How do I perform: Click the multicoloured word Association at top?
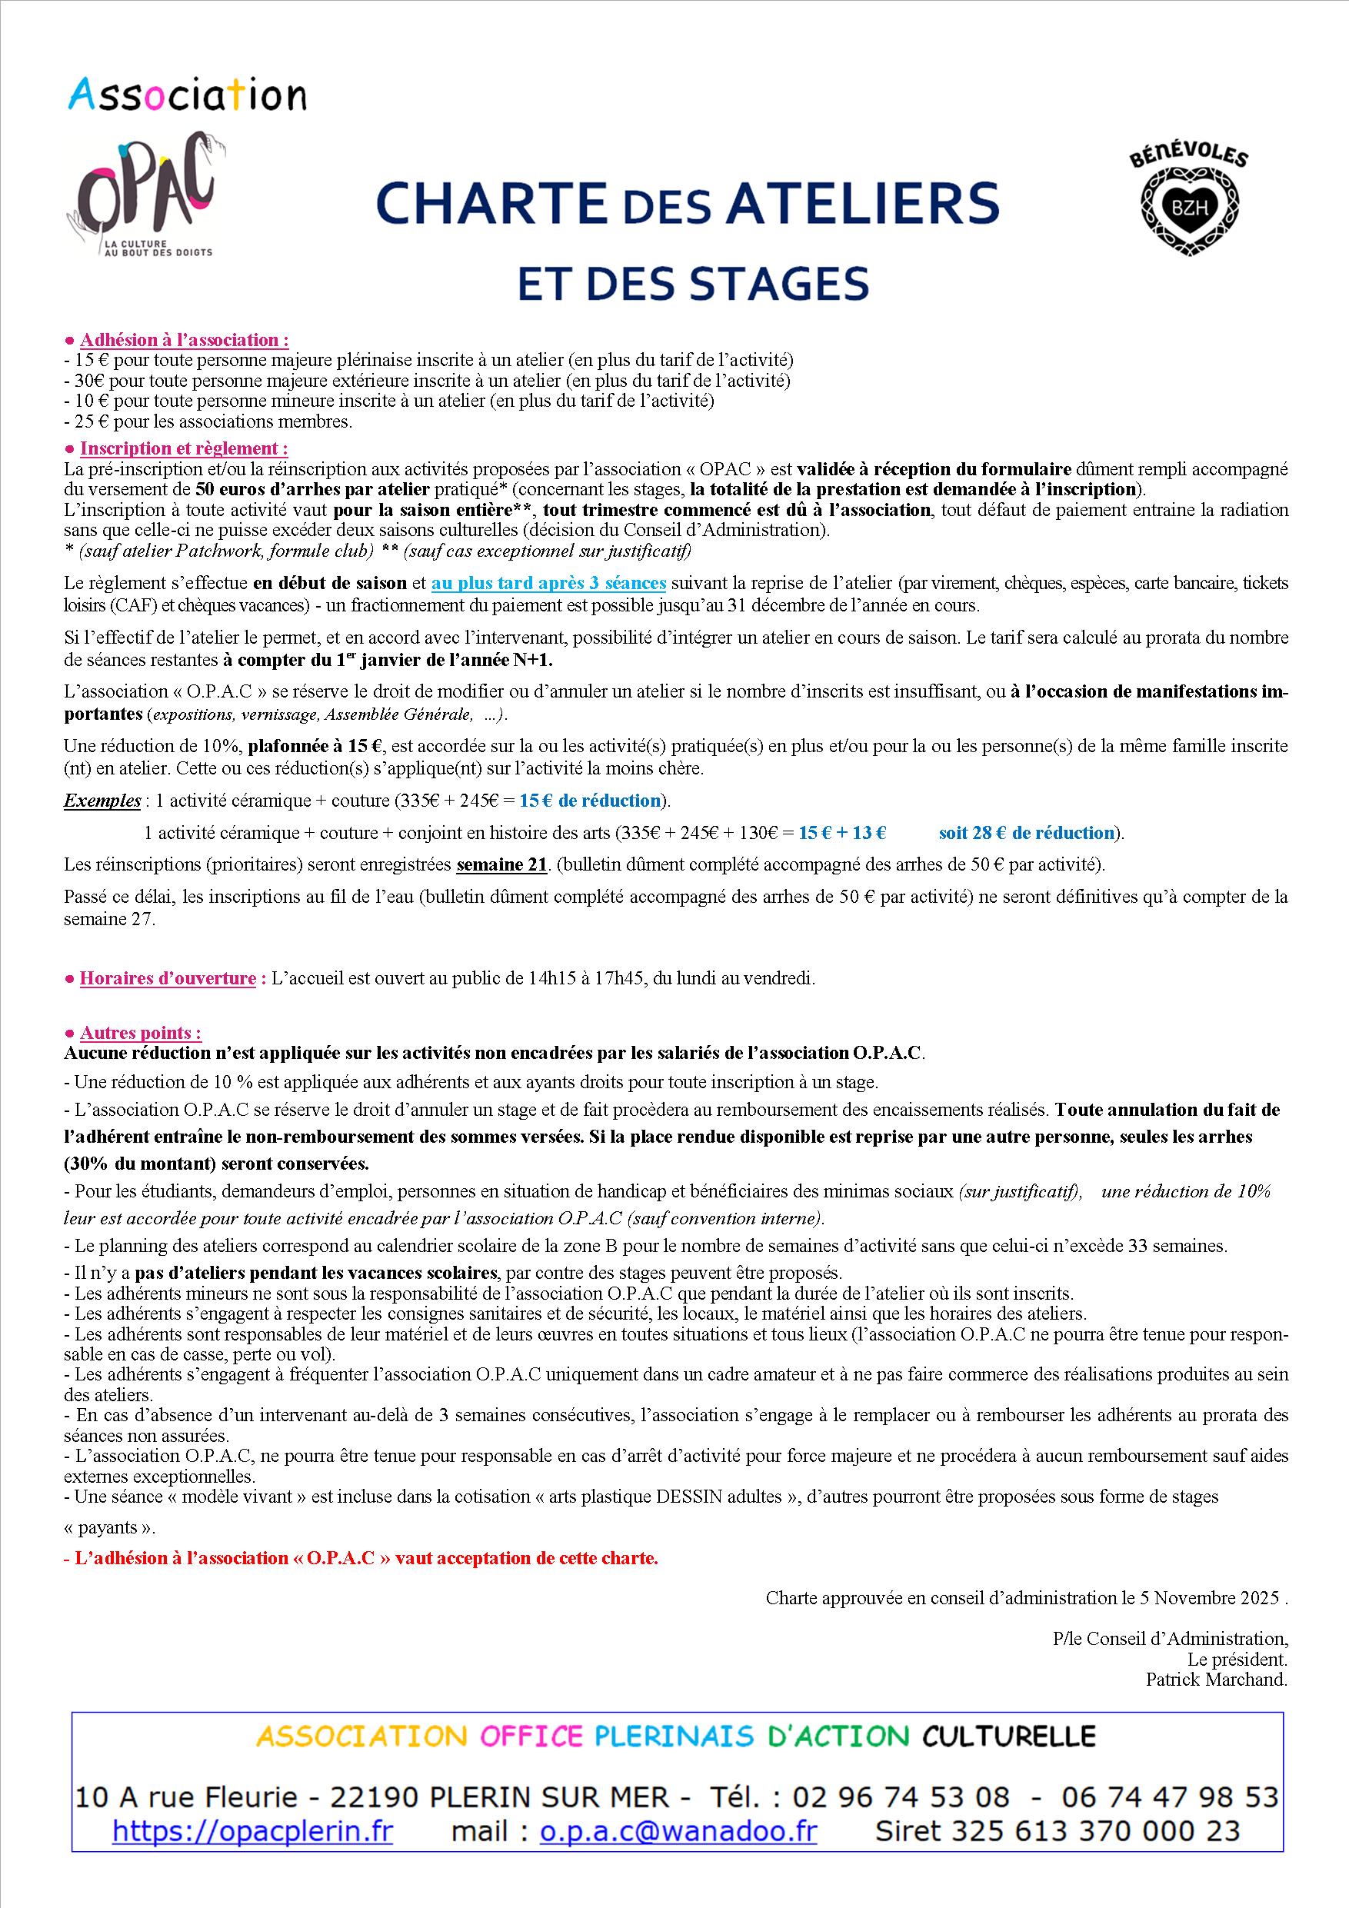click(186, 95)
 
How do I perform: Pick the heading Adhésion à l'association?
click(184, 340)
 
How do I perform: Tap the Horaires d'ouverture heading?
click(167, 978)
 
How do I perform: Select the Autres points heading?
click(140, 1033)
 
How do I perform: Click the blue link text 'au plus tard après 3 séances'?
click(548, 584)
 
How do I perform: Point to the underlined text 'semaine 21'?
click(502, 864)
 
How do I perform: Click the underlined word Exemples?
click(102, 801)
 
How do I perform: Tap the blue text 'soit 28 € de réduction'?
click(1026, 833)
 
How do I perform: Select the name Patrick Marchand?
click(1216, 1680)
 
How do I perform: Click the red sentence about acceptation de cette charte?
click(361, 1558)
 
